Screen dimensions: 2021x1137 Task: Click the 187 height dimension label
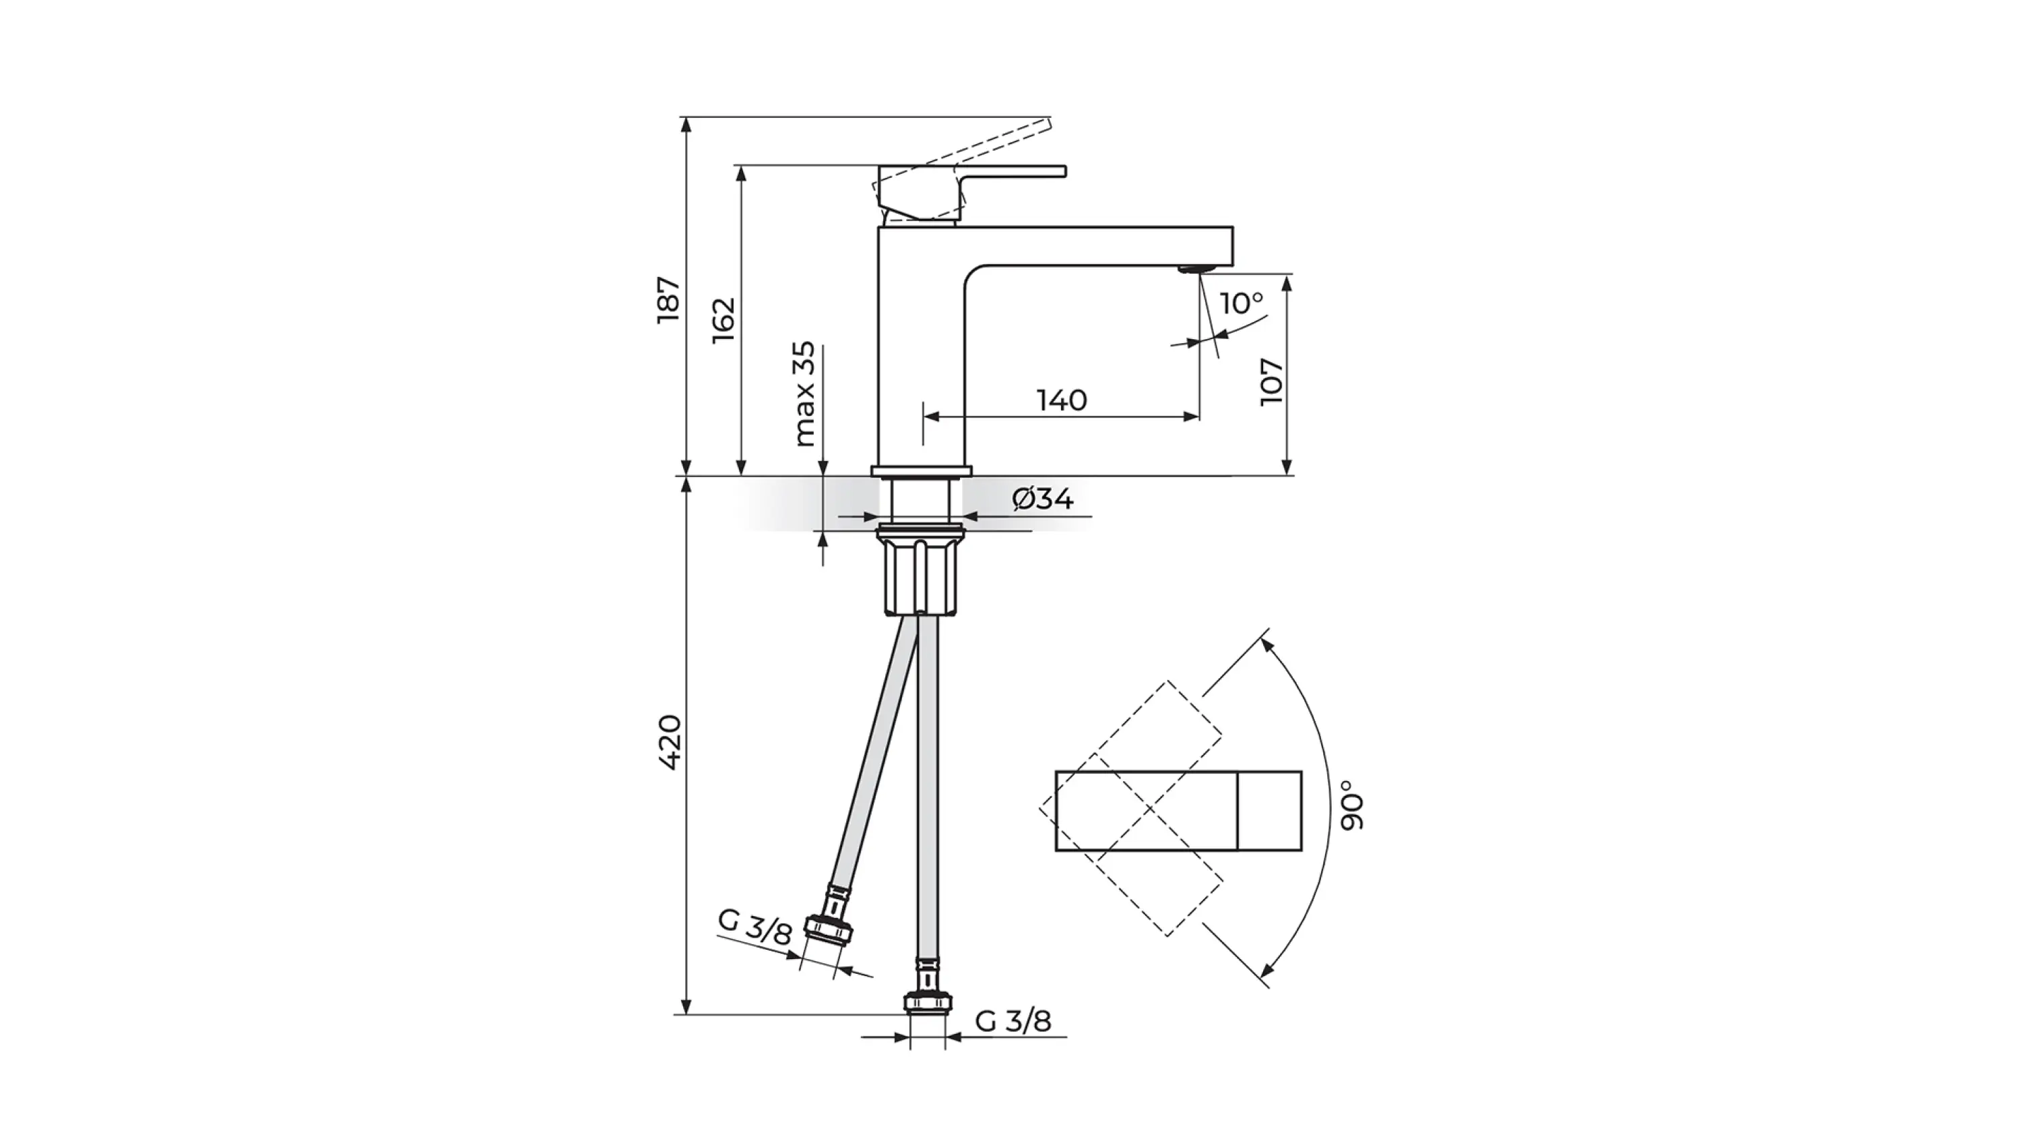pyautogui.click(x=668, y=299)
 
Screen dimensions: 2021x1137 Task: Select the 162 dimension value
pyautogui.click(x=724, y=319)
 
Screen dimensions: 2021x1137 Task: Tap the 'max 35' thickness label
pyautogui.click(x=804, y=394)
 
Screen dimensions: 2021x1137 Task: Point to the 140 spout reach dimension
pyautogui.click(x=1062, y=400)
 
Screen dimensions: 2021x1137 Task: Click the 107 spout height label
pyautogui.click(x=1271, y=382)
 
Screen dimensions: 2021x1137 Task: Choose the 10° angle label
pyautogui.click(x=1242, y=303)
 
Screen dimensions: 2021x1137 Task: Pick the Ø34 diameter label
pyautogui.click(x=1043, y=498)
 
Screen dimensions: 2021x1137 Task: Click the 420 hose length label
pyautogui.click(x=669, y=741)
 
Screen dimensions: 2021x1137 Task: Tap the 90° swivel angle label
pyautogui.click(x=1353, y=805)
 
